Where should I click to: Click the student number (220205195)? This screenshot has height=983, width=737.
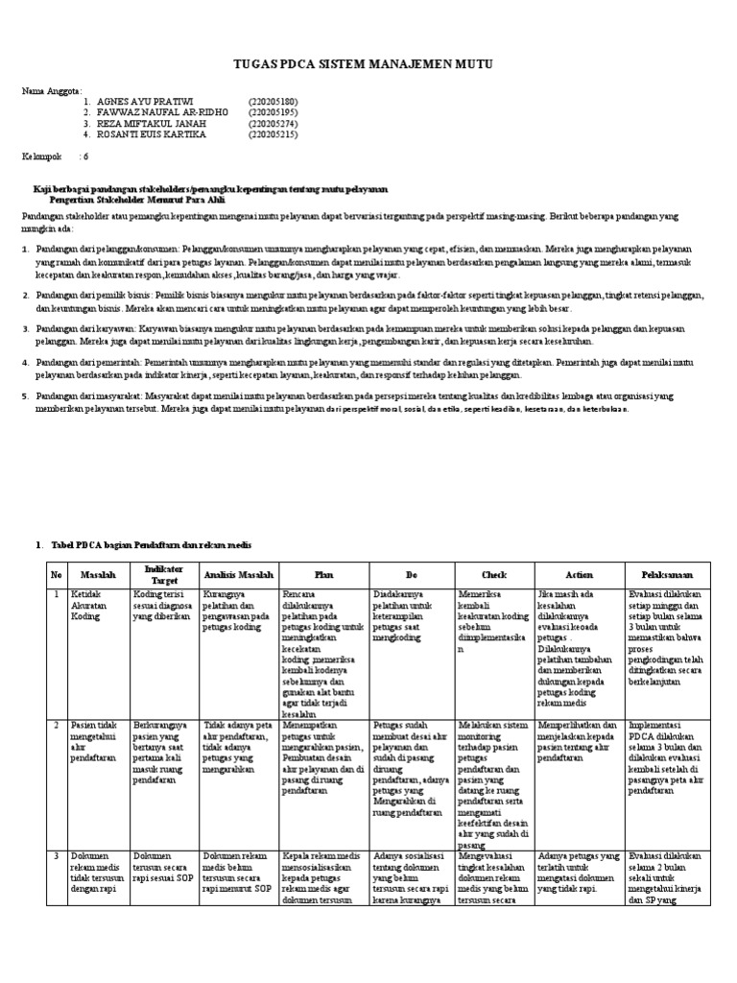pos(273,112)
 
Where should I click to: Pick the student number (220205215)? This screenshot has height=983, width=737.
pos(273,135)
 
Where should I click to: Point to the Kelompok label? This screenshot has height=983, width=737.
pos(42,156)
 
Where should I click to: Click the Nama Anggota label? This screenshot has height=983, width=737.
pos(52,89)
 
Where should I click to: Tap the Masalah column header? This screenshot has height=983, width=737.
pos(99,575)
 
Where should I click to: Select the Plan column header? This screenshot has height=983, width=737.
pos(323,575)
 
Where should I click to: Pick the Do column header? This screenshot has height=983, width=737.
pos(411,575)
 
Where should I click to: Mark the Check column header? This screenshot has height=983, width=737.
pos(494,575)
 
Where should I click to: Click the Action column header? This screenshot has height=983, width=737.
pos(579,575)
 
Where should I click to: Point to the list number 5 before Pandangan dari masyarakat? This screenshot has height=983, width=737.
pos(25,396)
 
